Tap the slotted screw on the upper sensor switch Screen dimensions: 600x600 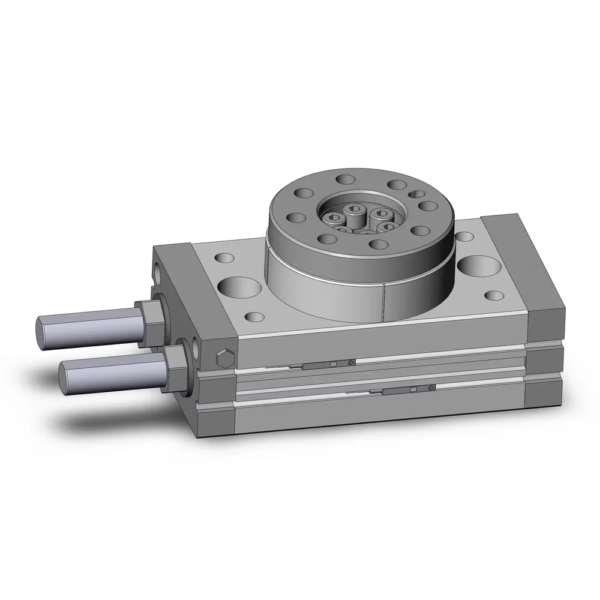350,362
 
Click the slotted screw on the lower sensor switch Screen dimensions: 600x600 431,389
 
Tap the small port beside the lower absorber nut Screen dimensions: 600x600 196,347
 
